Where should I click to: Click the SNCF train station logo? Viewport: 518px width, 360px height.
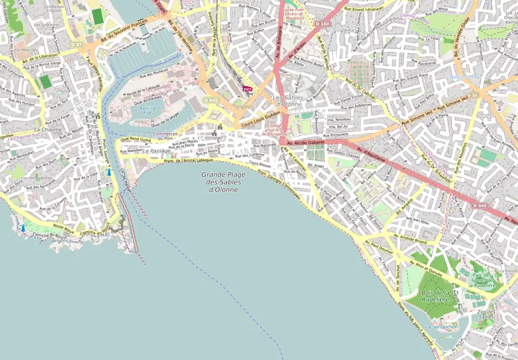tap(247, 89)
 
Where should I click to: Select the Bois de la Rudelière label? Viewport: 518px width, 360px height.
tap(435, 296)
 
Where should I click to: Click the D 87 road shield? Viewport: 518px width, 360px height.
tap(76, 45)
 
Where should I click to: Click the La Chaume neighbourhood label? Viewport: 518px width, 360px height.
tap(48, 130)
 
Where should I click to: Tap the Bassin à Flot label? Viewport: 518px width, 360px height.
tap(147, 110)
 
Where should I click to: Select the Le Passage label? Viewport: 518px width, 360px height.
tap(157, 151)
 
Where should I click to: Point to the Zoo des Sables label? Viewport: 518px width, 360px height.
tap(486, 314)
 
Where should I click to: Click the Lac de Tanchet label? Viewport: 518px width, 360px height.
tap(441, 327)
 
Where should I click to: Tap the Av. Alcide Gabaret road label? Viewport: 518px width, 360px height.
tap(306, 143)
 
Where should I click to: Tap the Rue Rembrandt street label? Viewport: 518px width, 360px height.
tap(424, 63)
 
